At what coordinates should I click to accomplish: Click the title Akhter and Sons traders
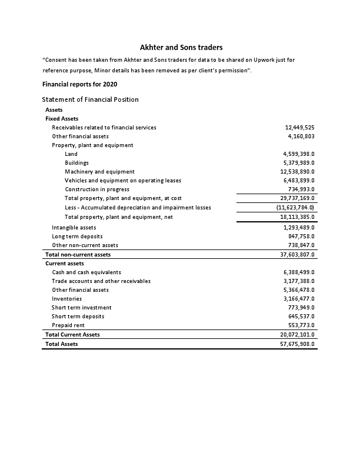click(x=181, y=47)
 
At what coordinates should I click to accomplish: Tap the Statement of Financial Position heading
click(x=91, y=99)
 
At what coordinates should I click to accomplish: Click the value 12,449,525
click(x=299, y=127)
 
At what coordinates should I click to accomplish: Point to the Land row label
click(x=71, y=154)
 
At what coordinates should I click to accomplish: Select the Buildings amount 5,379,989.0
click(x=299, y=163)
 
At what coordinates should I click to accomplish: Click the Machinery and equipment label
click(x=99, y=172)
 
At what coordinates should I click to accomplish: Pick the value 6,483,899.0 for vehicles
click(x=299, y=181)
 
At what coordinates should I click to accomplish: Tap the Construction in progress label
click(x=97, y=189)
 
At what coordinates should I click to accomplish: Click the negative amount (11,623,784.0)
click(x=296, y=208)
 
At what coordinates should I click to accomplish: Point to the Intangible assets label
click(x=74, y=227)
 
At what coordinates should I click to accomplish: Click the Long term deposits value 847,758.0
click(x=301, y=236)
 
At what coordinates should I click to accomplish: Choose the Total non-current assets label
click(x=78, y=255)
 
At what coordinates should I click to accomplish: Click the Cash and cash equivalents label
click(x=86, y=272)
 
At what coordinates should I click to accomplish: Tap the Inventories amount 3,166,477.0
click(x=299, y=299)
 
